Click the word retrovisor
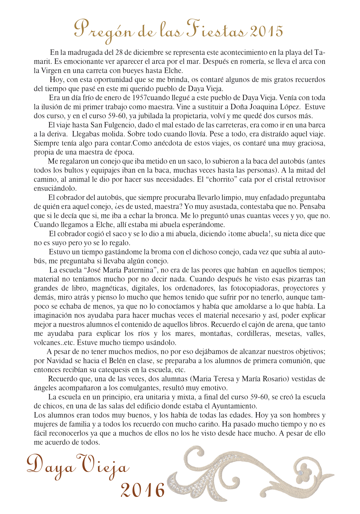click(307, 179)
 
